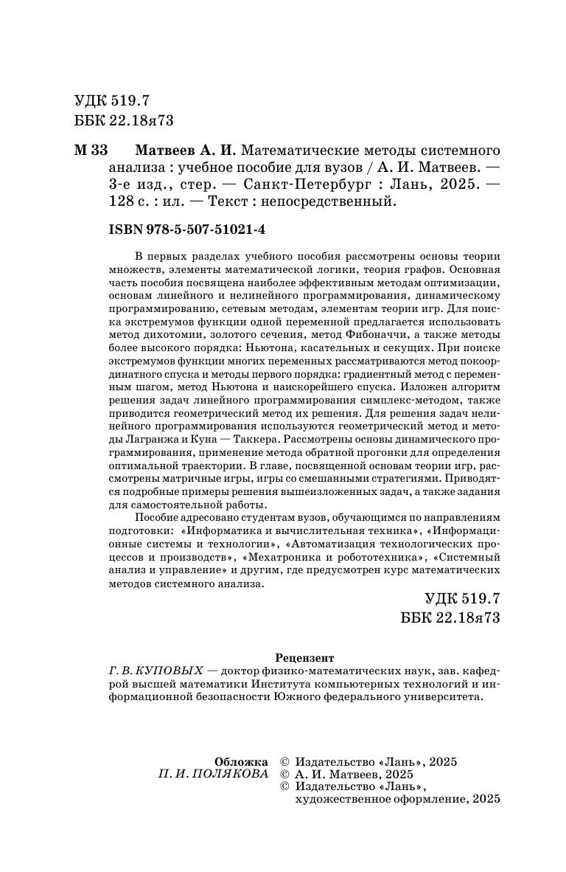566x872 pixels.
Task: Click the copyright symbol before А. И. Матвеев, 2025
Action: (x=285, y=774)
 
